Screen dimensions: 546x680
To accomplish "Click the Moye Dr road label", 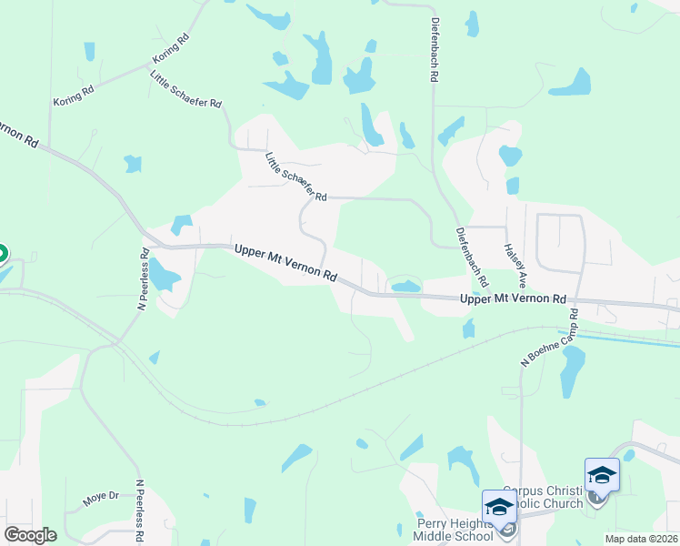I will click(101, 497).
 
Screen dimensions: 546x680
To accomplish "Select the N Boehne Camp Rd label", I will click(549, 338).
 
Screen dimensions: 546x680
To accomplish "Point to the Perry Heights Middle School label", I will click(454, 530).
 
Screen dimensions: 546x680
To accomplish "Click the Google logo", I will click(30, 534).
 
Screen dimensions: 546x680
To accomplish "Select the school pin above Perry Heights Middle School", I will click(499, 507).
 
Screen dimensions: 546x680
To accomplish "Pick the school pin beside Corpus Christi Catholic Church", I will click(602, 475).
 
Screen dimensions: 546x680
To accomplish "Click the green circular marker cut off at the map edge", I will click(3, 254).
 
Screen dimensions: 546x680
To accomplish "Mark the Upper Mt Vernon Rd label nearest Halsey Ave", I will click(513, 298).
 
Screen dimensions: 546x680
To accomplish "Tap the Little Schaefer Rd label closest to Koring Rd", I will click(186, 90).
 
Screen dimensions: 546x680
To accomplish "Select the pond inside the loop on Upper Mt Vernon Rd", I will click(405, 287).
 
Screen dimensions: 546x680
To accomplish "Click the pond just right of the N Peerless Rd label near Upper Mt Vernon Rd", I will click(164, 274).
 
